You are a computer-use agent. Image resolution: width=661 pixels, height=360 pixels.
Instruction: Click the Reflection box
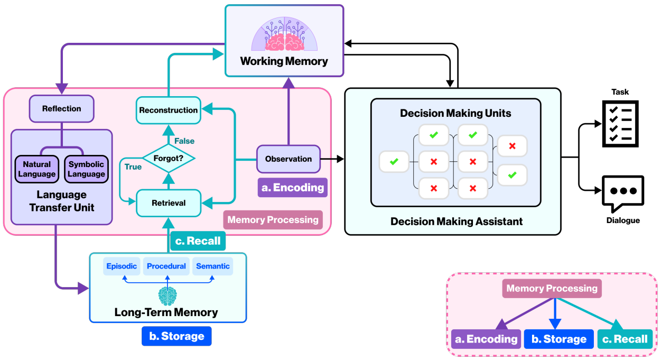click(x=62, y=108)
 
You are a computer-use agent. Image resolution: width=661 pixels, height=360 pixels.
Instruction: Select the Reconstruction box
click(x=168, y=110)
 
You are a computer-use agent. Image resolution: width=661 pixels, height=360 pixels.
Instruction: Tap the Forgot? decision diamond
click(x=169, y=158)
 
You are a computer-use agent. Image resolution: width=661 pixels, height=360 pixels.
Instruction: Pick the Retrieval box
click(x=169, y=202)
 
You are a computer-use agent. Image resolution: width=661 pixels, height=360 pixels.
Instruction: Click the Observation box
click(x=288, y=159)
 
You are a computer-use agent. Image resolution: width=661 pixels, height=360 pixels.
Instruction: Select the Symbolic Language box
click(x=87, y=169)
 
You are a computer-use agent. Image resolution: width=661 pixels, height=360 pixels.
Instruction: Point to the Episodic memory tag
click(x=122, y=266)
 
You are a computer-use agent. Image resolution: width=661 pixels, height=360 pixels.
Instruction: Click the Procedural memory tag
click(x=166, y=266)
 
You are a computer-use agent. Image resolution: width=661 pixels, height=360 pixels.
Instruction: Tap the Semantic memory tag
click(x=212, y=266)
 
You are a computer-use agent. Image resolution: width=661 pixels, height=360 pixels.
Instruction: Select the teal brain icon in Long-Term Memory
click(x=167, y=296)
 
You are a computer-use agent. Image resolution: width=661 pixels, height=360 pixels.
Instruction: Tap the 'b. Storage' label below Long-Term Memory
click(x=176, y=336)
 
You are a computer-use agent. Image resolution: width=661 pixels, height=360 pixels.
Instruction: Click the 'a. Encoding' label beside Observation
click(x=292, y=188)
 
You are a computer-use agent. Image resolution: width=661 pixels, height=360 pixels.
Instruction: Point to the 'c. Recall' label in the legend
click(x=625, y=339)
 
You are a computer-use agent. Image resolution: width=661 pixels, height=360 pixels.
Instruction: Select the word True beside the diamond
click(x=133, y=167)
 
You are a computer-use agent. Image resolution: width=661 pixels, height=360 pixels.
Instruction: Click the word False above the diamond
click(x=184, y=141)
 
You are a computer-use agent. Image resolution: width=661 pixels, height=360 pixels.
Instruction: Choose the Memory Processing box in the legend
click(x=552, y=289)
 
